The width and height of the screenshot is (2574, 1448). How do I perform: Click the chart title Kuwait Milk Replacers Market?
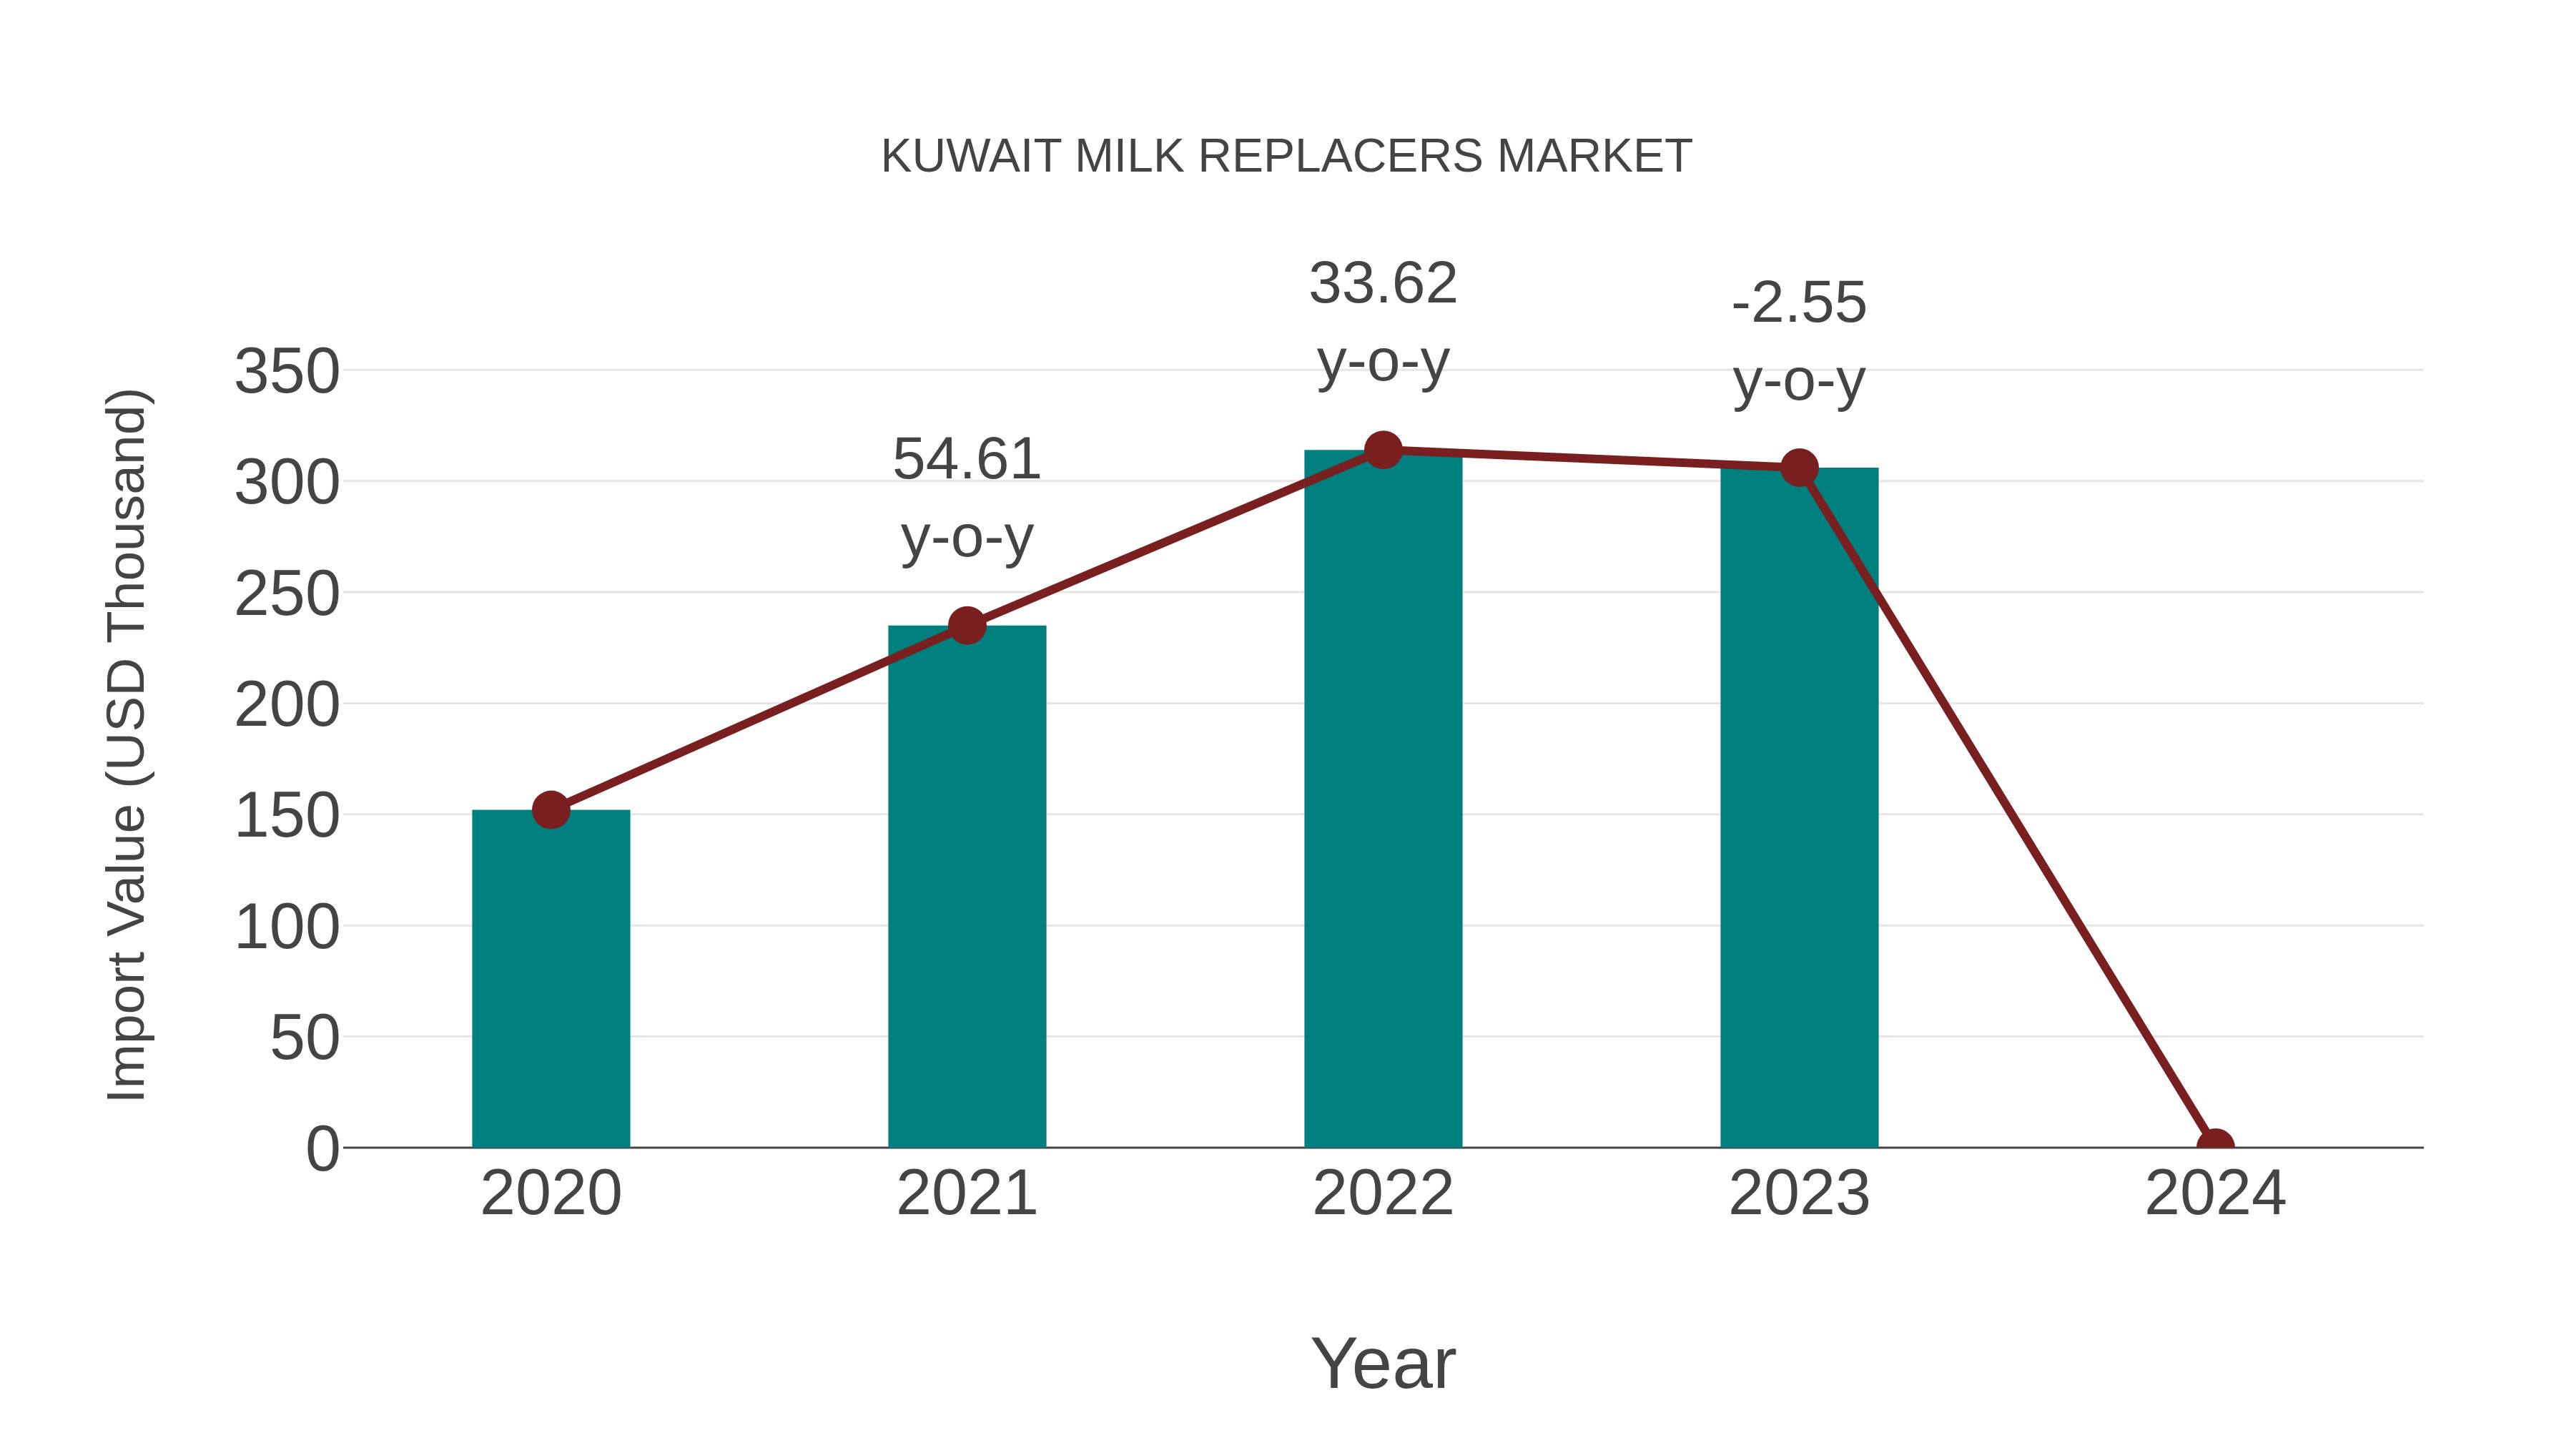(x=1286, y=157)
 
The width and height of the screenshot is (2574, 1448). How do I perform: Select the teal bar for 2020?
(x=551, y=980)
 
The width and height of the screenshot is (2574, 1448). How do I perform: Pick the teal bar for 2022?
(x=1383, y=799)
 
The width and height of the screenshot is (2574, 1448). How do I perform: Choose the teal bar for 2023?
(x=1799, y=809)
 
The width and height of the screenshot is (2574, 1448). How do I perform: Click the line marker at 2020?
(x=551, y=809)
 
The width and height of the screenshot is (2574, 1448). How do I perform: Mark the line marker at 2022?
(x=1383, y=450)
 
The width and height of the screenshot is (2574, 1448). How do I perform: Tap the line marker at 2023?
(x=1799, y=467)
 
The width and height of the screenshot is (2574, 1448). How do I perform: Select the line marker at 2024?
(x=2215, y=1146)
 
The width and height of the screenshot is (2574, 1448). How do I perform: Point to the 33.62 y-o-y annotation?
(x=1383, y=322)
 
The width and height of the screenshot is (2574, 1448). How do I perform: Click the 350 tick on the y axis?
(x=287, y=372)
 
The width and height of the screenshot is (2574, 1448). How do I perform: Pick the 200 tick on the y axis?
(x=287, y=706)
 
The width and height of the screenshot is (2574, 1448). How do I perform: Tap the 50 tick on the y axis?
(x=305, y=1038)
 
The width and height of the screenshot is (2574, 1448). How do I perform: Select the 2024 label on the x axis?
(x=2215, y=1193)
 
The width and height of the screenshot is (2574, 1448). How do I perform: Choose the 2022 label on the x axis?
(x=1383, y=1193)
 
